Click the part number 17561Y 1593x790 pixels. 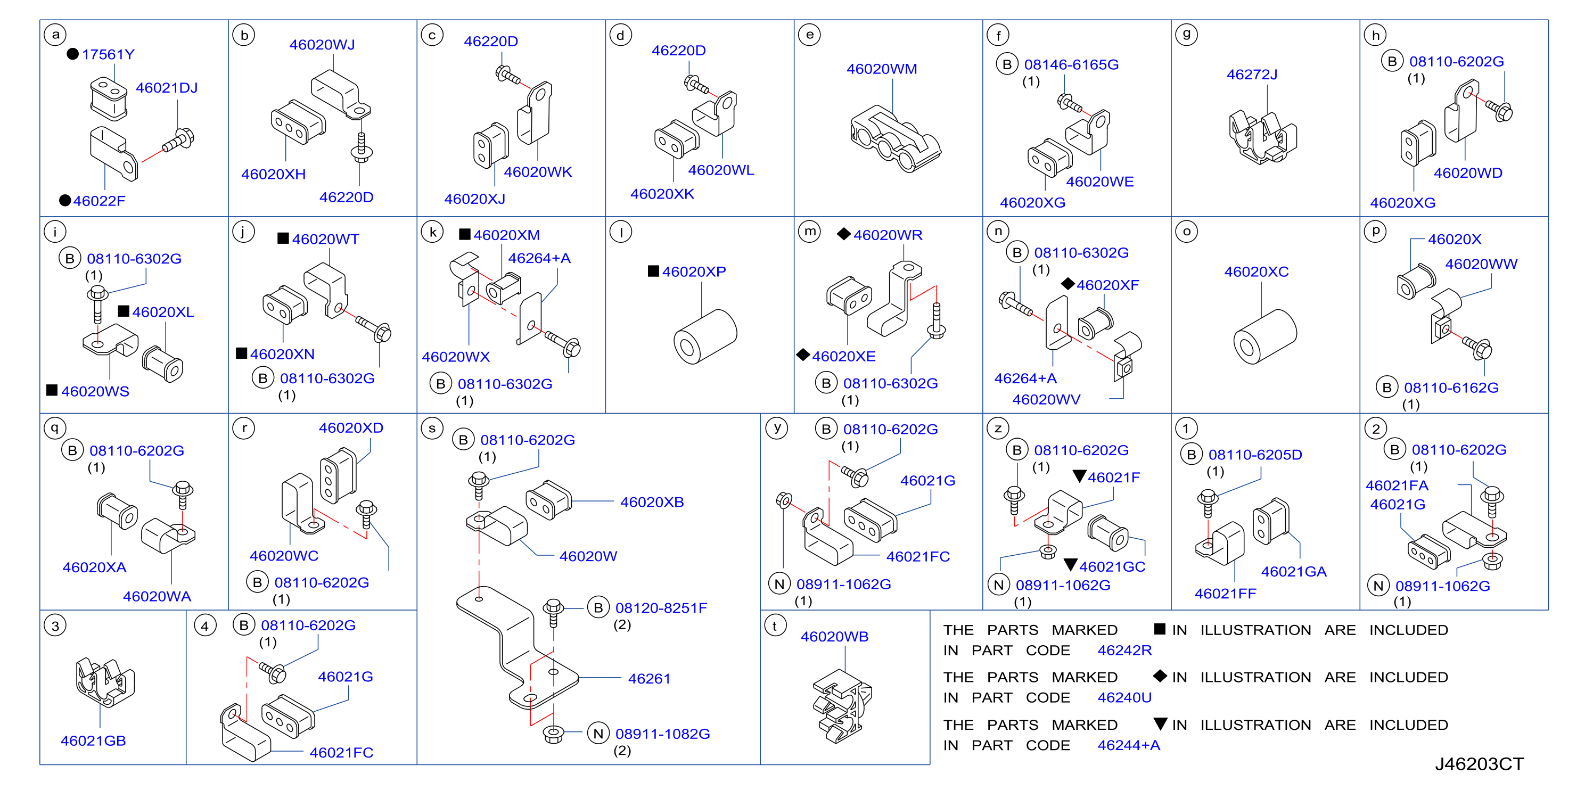[108, 54]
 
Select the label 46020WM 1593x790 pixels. [881, 69]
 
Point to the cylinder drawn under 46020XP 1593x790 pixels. [705, 336]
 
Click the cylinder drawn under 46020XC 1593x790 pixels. [1264, 336]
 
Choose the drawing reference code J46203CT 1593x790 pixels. [1479, 764]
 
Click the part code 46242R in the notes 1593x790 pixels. [1124, 651]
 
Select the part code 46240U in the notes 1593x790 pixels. [1124, 697]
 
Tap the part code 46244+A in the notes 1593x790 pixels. [1129, 745]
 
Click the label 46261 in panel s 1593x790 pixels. [648, 679]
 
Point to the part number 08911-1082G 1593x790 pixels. [662, 734]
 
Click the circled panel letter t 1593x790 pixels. [775, 626]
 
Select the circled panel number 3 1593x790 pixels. [55, 626]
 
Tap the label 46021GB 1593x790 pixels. [93, 740]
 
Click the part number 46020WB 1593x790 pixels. [834, 637]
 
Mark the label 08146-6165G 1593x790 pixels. [1071, 64]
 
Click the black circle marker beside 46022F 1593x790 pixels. [65, 200]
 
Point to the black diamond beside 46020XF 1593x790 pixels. [1068, 284]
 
